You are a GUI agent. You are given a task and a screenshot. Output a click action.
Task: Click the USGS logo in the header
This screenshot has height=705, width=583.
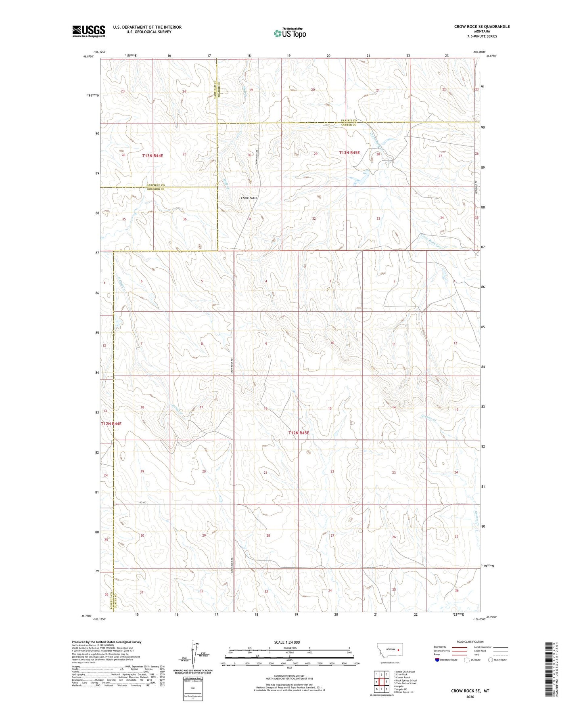click(88, 31)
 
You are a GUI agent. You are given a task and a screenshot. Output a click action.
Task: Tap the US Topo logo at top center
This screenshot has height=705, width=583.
click(290, 33)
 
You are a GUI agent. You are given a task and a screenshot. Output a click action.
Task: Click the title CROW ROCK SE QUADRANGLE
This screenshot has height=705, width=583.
click(482, 27)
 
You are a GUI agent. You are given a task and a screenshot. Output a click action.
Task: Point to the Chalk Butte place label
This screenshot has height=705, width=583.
click(249, 198)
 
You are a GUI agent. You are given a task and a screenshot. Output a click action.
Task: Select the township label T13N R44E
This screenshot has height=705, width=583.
click(153, 155)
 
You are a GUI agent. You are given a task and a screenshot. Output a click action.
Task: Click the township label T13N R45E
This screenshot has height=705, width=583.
click(349, 153)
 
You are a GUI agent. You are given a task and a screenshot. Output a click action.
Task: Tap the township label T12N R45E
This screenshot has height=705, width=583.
click(299, 433)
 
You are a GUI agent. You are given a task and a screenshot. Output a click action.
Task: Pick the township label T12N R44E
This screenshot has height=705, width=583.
click(111, 424)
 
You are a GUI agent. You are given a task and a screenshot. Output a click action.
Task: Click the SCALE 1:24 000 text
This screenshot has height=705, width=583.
click(287, 642)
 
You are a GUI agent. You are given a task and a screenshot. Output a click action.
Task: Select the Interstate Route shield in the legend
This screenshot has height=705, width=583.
click(438, 660)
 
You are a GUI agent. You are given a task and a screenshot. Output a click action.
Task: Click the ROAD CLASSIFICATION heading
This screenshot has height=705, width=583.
click(470, 642)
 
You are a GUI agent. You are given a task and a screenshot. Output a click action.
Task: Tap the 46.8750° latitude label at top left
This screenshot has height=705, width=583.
click(88, 57)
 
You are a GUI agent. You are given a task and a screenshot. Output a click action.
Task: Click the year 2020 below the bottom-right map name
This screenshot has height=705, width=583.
click(470, 697)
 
